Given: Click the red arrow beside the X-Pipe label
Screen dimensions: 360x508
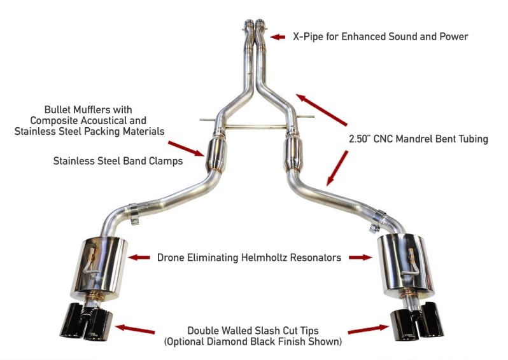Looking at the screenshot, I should click(278, 37).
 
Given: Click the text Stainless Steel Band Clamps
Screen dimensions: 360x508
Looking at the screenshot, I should click(118, 162).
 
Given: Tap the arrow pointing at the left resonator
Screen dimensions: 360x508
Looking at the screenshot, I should click(141, 258).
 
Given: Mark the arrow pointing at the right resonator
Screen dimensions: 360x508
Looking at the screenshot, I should click(360, 258).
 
